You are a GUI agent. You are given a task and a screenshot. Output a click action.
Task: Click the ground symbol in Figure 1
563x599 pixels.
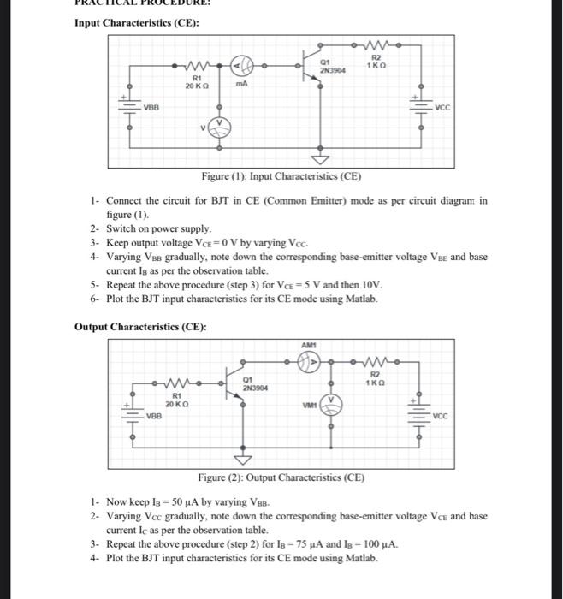320,160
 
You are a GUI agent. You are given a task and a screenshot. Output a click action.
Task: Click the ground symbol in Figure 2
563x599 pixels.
251,460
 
